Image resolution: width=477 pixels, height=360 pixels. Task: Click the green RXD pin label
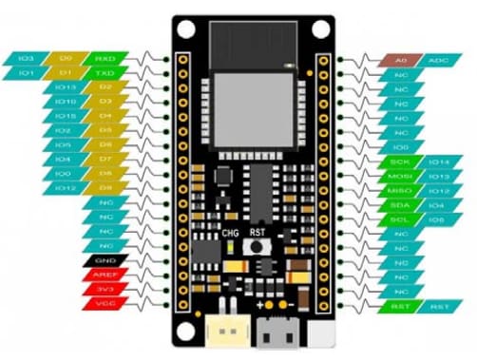click(x=104, y=59)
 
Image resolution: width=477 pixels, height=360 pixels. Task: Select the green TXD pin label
click(x=104, y=73)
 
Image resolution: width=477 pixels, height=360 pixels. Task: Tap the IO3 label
click(x=26, y=59)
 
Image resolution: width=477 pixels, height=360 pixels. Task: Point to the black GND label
click(x=104, y=260)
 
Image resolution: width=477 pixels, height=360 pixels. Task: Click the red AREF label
click(x=104, y=275)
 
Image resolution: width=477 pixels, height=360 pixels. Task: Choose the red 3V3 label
click(x=104, y=289)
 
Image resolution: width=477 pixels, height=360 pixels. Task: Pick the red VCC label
click(x=104, y=303)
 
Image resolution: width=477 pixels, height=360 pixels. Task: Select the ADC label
click(x=439, y=60)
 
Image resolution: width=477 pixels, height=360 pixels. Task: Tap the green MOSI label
click(x=400, y=176)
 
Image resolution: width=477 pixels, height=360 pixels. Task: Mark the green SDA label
click(x=400, y=204)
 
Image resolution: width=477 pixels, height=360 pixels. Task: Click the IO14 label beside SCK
click(x=438, y=161)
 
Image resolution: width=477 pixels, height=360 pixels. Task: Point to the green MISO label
click(x=400, y=190)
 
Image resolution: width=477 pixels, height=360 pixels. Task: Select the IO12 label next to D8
click(x=66, y=188)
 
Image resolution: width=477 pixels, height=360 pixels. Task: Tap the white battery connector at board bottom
click(x=226, y=330)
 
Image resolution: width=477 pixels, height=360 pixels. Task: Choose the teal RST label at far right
click(x=438, y=306)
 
